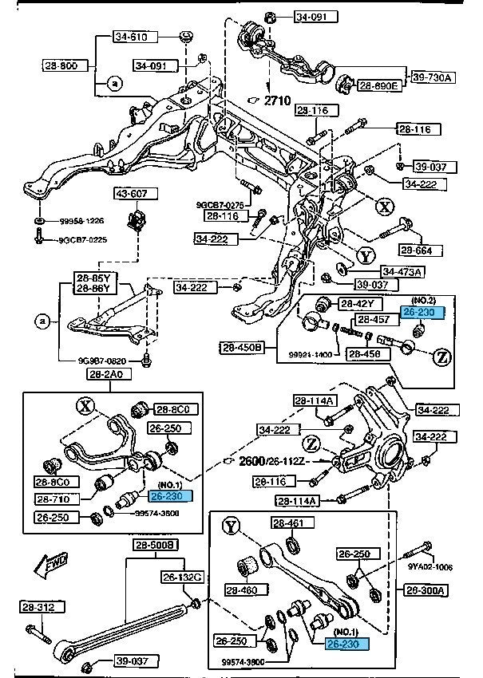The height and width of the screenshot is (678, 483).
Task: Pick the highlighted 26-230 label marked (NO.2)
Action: (x=418, y=313)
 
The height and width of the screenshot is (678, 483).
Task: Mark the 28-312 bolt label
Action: (x=37, y=608)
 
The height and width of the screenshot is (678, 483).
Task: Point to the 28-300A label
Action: (x=427, y=590)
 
